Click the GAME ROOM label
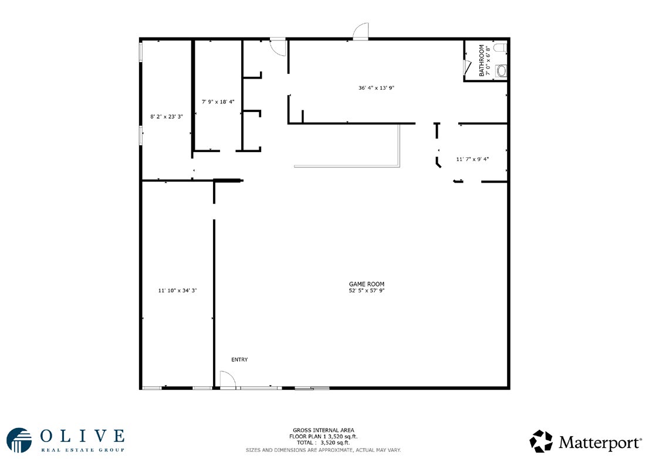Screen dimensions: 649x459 366,284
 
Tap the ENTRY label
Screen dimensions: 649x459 239,360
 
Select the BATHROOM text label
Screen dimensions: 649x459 481,60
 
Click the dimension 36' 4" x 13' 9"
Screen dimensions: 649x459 376,87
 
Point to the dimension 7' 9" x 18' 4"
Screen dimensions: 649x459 218,102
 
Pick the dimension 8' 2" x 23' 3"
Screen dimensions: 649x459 167,117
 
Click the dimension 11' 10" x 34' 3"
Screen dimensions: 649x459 177,291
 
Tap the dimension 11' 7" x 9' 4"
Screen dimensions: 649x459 472,159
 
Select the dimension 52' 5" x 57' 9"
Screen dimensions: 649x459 366,291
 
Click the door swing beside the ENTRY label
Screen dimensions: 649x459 227,380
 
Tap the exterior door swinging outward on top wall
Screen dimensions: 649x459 360,31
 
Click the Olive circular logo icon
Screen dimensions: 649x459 19,440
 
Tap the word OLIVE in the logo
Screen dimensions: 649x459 82,436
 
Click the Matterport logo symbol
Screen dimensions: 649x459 541,441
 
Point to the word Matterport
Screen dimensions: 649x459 600,443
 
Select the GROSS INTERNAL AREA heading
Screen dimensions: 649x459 323,430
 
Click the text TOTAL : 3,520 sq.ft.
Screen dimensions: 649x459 323,443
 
